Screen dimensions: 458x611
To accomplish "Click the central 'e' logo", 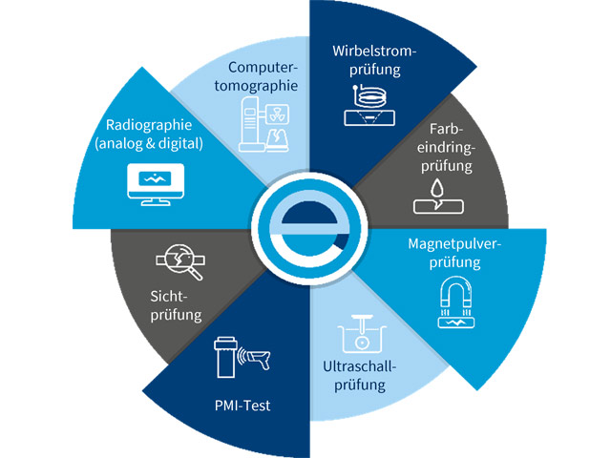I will pos(306,228).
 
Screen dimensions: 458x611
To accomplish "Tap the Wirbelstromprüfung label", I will pos(375,59).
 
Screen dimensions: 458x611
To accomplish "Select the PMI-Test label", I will pos(243,406).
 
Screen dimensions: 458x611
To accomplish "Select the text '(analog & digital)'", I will pos(149,146).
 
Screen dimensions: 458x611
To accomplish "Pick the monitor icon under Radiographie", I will pos(153,183).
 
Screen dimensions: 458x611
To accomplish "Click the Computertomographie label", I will pos(263,75).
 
